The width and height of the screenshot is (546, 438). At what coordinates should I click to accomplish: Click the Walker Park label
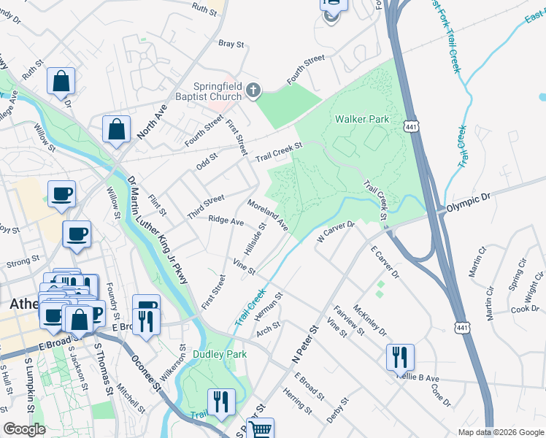[x=361, y=119]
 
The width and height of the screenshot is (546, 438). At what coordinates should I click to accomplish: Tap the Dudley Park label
[x=220, y=354]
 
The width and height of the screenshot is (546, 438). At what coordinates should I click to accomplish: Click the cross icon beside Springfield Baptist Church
[x=253, y=91]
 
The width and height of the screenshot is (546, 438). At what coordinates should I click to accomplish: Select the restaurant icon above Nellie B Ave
[x=400, y=358]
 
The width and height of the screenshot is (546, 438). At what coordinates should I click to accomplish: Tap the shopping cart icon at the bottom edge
[x=261, y=429]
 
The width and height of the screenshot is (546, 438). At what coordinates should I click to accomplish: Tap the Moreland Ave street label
[x=268, y=216]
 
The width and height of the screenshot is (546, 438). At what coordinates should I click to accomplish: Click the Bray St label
[x=231, y=44]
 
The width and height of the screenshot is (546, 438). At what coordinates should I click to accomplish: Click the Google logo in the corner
[x=24, y=429]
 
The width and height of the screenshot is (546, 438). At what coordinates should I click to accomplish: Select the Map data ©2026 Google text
[x=500, y=432]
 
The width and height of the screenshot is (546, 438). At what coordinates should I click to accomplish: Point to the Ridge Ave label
[x=226, y=220]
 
